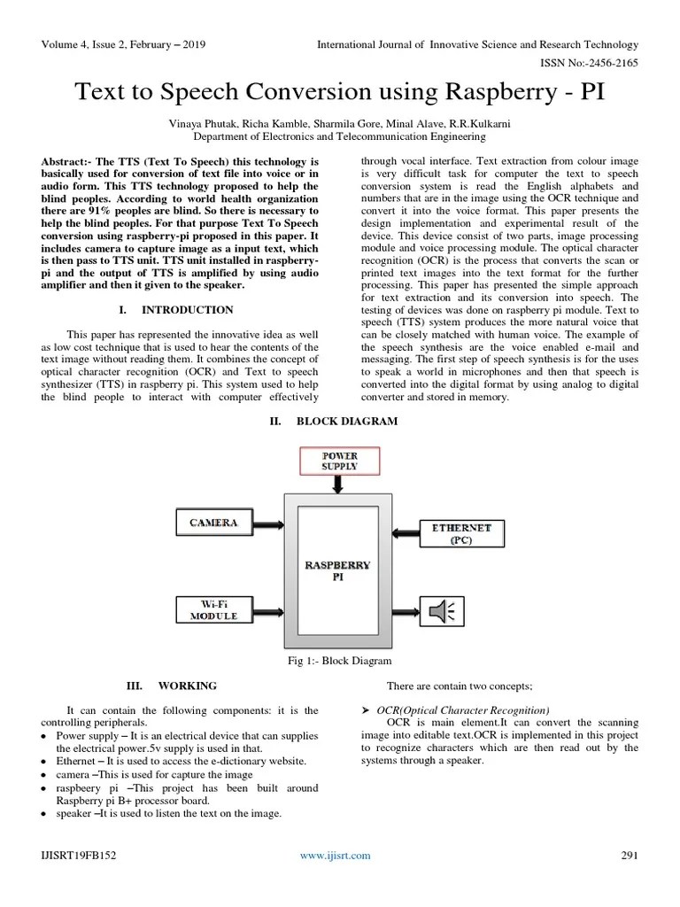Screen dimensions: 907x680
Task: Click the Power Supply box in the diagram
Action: coord(340,460)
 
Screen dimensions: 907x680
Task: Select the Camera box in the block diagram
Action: coord(213,523)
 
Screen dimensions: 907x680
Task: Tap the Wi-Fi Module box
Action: coord(213,610)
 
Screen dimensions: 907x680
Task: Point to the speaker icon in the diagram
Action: coord(440,610)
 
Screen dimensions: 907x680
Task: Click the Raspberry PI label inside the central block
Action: coord(337,570)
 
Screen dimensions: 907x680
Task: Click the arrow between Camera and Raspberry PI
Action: coord(267,523)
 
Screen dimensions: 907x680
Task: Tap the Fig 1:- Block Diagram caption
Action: coord(339,661)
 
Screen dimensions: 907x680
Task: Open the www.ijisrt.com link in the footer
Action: coord(335,856)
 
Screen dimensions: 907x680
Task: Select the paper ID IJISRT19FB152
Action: coord(79,856)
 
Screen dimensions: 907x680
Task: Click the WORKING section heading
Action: coord(187,686)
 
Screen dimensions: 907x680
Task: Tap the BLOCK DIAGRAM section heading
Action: coord(346,422)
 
